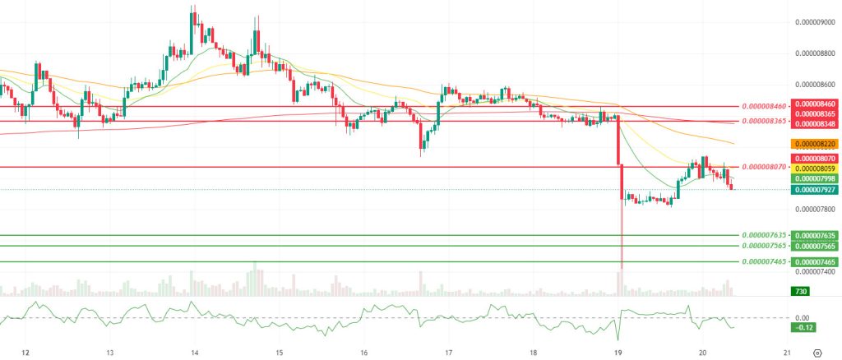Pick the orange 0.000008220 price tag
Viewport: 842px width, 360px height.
click(x=814, y=143)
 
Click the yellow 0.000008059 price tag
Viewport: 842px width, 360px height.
click(x=814, y=168)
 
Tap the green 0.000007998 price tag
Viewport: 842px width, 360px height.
click(x=814, y=178)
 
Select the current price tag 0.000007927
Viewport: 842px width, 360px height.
click(x=814, y=189)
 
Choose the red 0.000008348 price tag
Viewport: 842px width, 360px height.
click(x=814, y=123)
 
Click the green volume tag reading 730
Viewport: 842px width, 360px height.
click(x=798, y=291)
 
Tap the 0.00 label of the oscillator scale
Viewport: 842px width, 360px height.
click(x=803, y=318)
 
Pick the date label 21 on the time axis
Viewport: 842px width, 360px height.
click(x=787, y=353)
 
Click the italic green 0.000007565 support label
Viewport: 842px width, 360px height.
click(x=764, y=246)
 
